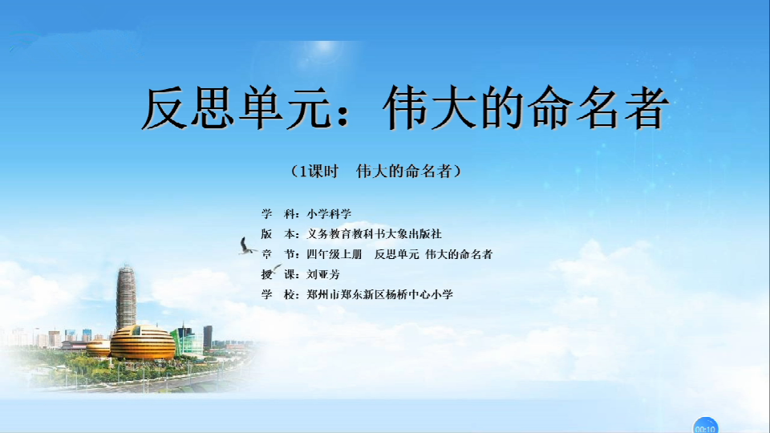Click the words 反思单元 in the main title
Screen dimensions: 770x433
click(237, 108)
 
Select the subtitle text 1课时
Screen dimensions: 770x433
click(319, 172)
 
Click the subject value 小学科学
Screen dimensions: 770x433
click(329, 214)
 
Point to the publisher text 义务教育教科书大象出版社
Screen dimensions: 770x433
click(375, 234)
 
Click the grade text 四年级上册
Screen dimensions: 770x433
click(334, 254)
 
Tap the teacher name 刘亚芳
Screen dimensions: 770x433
click(323, 274)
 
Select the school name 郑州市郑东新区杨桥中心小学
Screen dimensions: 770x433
click(379, 294)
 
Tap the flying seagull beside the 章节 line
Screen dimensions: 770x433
click(246, 246)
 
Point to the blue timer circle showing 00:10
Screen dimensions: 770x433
click(705, 426)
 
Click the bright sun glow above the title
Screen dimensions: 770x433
click(325, 47)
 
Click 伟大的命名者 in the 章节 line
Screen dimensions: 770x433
click(459, 254)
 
